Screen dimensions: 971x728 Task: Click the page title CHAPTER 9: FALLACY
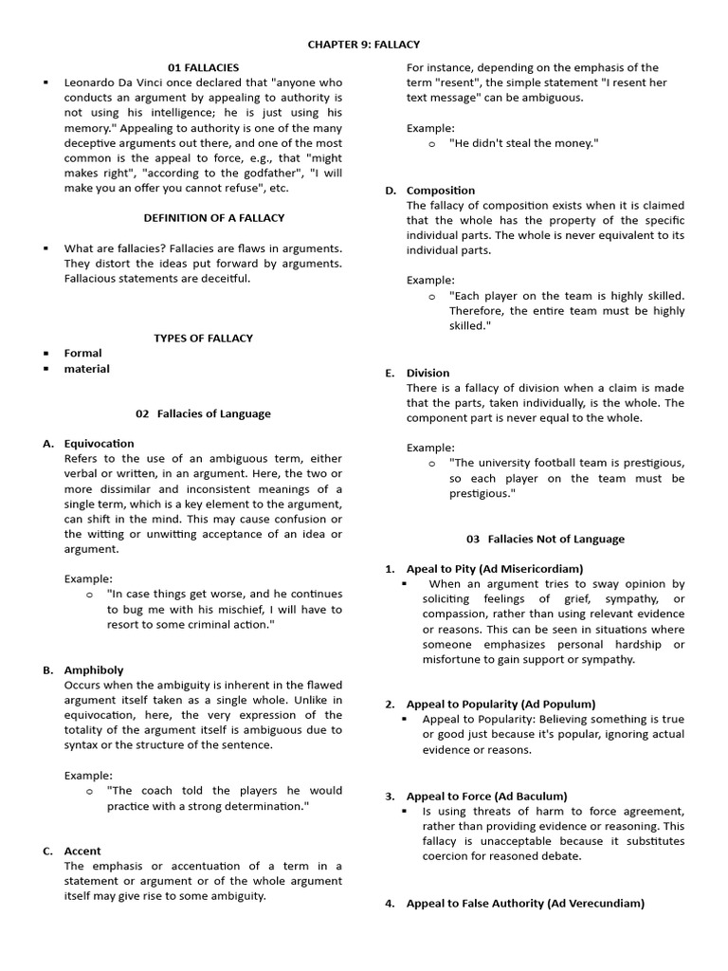pyautogui.click(x=364, y=45)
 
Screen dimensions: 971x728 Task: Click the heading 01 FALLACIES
pyautogui.click(x=203, y=67)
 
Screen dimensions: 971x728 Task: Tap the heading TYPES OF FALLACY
pyautogui.click(x=203, y=338)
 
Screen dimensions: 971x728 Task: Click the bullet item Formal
pyautogui.click(x=82, y=353)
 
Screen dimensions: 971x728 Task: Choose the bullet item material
pyautogui.click(x=86, y=369)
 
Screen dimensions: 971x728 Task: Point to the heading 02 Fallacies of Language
pyautogui.click(x=203, y=413)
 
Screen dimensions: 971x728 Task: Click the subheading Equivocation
pyautogui.click(x=99, y=443)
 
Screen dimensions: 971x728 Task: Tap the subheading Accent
pyautogui.click(x=82, y=851)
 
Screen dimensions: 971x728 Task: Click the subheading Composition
pyautogui.click(x=441, y=191)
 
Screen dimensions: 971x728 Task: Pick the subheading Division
pyautogui.click(x=428, y=373)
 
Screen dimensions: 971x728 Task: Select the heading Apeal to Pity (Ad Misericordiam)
pyautogui.click(x=495, y=569)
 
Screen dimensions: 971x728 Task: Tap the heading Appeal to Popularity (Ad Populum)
pyautogui.click(x=500, y=704)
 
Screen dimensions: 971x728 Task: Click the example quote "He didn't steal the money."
pyautogui.click(x=523, y=143)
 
